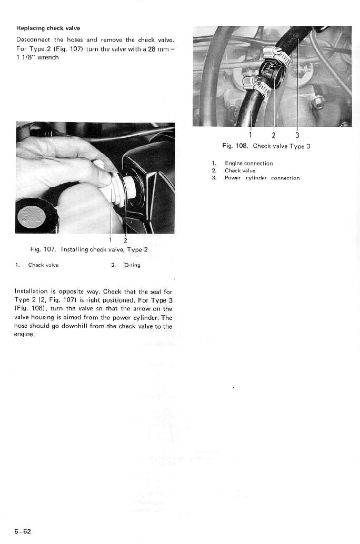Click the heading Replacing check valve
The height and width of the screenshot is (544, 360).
point(48,28)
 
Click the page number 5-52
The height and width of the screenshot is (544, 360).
point(23,531)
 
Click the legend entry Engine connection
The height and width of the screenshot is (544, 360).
point(248,163)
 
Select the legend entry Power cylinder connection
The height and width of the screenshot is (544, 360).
point(262,178)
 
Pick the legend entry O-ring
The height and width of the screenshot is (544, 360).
point(131,265)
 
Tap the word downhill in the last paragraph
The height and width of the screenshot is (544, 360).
point(89,326)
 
